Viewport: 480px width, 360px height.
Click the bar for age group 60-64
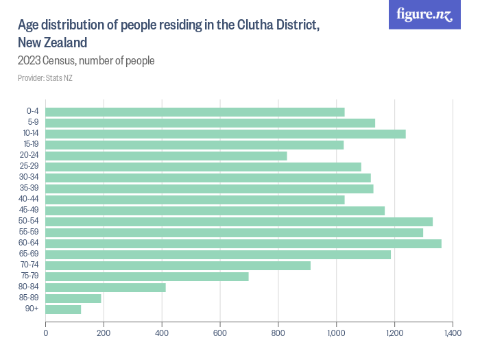(x=243, y=243)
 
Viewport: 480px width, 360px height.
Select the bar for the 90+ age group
(x=64, y=309)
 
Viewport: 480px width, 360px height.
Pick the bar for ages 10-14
(x=226, y=134)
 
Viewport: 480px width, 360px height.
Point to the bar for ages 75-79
(x=147, y=276)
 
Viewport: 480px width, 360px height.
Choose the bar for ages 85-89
(x=73, y=298)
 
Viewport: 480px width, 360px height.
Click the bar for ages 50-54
(x=239, y=221)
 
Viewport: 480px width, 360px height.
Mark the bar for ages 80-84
(x=106, y=287)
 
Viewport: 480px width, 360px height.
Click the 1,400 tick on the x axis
(x=453, y=333)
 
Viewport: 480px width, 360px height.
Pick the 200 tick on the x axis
(x=104, y=333)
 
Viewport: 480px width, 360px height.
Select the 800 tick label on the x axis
(x=278, y=333)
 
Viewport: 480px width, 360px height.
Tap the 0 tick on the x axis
(x=46, y=333)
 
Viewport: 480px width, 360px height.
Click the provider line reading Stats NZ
(x=45, y=78)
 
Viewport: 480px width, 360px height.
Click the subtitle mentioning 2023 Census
(x=86, y=61)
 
